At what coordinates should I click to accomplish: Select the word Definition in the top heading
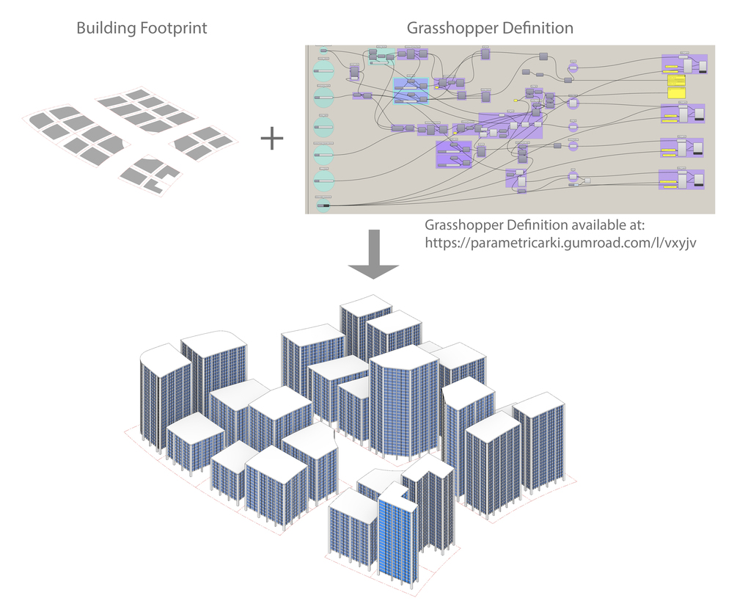pos(538,29)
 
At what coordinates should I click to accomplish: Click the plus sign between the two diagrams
pos(272,138)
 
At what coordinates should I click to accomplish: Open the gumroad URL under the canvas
pos(560,242)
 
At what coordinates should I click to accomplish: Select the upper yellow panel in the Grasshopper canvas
pos(676,79)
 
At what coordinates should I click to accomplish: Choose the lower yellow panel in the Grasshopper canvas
pos(676,92)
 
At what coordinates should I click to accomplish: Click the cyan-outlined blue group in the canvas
pos(411,91)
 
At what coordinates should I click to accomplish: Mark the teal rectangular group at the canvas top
pos(381,57)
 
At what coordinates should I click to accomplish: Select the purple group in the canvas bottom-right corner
pos(683,179)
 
